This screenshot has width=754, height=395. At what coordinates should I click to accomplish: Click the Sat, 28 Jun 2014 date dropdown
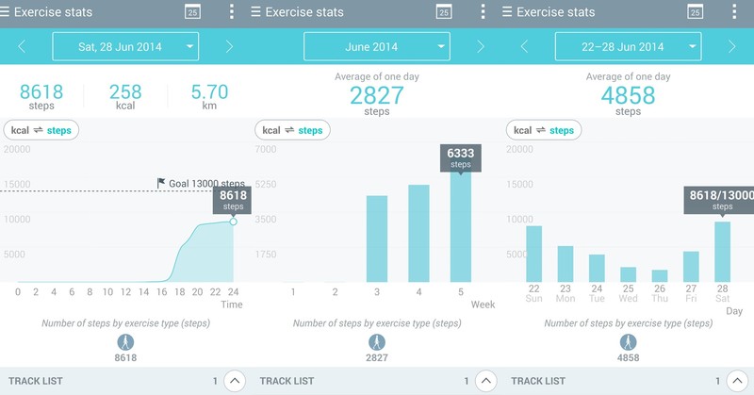[x=125, y=46]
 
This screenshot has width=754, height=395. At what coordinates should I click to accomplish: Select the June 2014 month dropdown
[x=376, y=46]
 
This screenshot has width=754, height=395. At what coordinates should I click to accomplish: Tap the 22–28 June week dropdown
[x=628, y=46]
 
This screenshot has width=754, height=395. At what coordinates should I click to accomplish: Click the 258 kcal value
[x=125, y=91]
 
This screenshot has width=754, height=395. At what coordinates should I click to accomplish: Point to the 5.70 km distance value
[x=209, y=91]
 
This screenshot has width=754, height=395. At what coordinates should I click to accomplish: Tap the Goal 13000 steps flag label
[x=200, y=184]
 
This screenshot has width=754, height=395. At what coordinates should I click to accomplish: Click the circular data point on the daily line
[x=233, y=221]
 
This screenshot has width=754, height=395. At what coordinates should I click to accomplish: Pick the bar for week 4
[x=418, y=233]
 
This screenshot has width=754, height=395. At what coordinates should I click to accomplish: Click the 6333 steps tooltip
[x=460, y=157]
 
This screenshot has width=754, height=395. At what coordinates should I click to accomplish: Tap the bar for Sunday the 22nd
[x=534, y=254]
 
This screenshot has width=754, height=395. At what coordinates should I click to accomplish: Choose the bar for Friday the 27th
[x=691, y=267]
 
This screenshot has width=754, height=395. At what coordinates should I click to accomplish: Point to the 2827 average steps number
[x=377, y=94]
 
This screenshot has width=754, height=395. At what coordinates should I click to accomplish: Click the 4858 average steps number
[x=628, y=94]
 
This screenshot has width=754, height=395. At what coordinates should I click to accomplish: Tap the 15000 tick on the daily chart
[x=17, y=184]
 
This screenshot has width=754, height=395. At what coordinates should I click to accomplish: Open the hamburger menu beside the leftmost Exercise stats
[x=6, y=12]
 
